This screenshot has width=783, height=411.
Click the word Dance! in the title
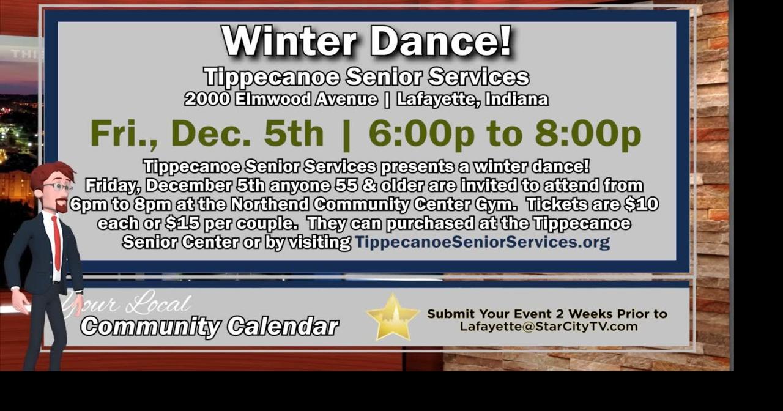(440, 42)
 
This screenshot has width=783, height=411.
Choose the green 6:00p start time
(421, 133)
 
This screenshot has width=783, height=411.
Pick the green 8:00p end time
(588, 133)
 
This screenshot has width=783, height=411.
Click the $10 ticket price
(643, 204)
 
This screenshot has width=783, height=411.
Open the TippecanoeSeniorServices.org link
(482, 242)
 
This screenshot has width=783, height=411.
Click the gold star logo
(392, 317)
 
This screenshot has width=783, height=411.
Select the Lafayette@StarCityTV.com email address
(549, 327)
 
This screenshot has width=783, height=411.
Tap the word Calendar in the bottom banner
(283, 327)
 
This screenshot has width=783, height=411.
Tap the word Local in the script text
(161, 304)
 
